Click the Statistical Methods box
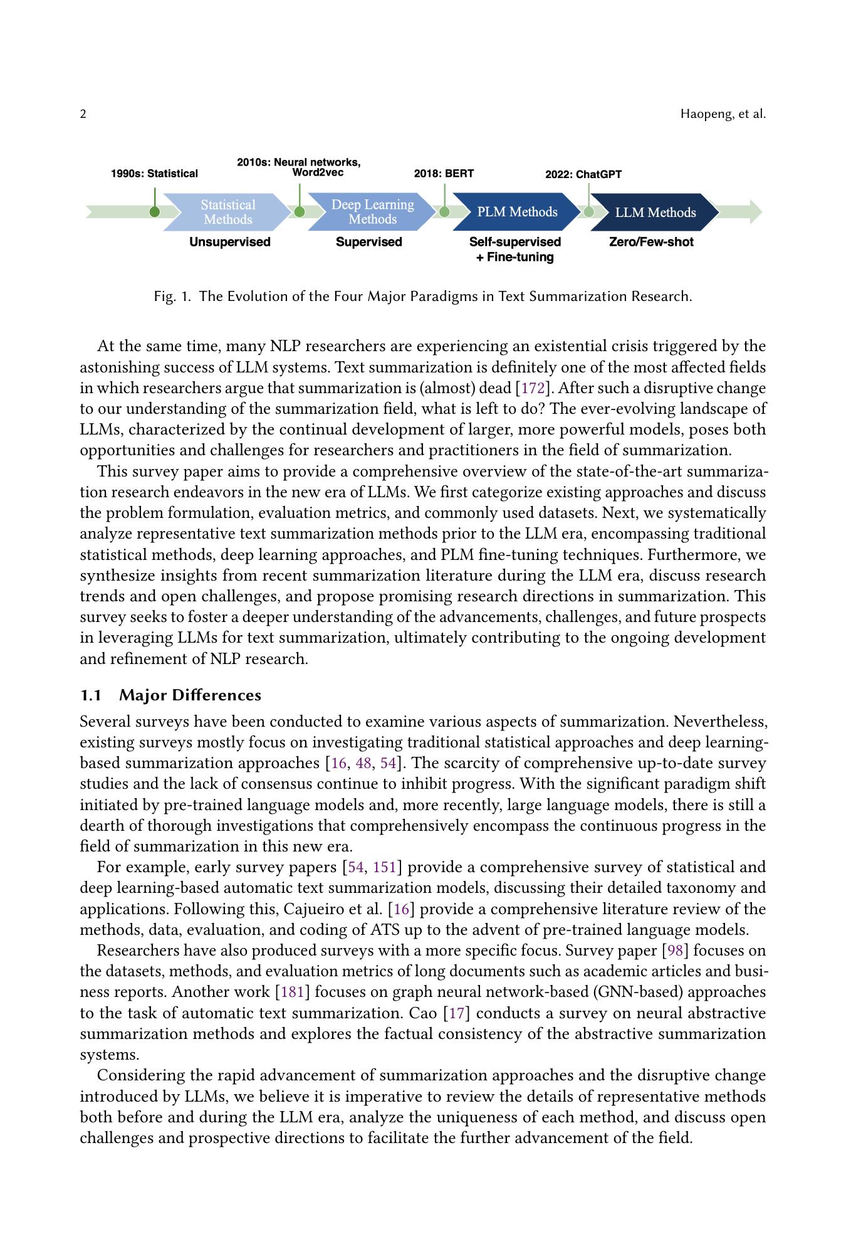[x=228, y=212]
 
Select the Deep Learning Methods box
[x=372, y=212]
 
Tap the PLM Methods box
[x=517, y=212]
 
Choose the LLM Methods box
[x=655, y=213]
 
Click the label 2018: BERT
[x=444, y=174]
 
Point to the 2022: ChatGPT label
[x=583, y=174]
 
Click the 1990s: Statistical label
[x=154, y=174]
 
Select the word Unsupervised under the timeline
[x=230, y=242]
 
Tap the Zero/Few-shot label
[x=651, y=242]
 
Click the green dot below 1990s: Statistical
[x=155, y=212]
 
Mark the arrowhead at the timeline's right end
[x=755, y=212]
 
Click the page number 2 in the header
[x=83, y=114]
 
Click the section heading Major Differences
[x=190, y=695]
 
